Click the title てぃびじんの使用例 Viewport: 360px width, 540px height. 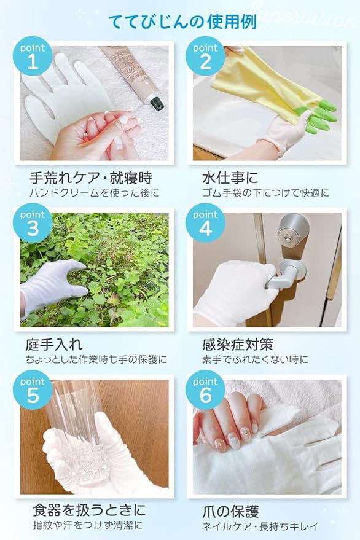coord(182,22)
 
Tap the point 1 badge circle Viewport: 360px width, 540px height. coord(33,56)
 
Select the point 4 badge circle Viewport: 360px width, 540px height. coord(205,223)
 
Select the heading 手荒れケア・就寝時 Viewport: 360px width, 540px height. coord(90,178)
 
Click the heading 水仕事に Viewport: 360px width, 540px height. coord(230,178)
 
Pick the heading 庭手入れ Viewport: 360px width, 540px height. coord(53,345)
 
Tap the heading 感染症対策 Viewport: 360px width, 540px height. coord(238,345)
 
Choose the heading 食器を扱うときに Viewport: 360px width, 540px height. coord(89,510)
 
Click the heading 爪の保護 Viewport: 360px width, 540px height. coord(230,512)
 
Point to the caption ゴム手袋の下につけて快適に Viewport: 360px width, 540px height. coord(265,193)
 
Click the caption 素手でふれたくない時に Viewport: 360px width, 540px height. coord(256,359)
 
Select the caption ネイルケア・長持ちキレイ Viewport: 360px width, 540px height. coord(260,526)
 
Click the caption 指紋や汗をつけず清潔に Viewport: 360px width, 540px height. coord(87,525)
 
